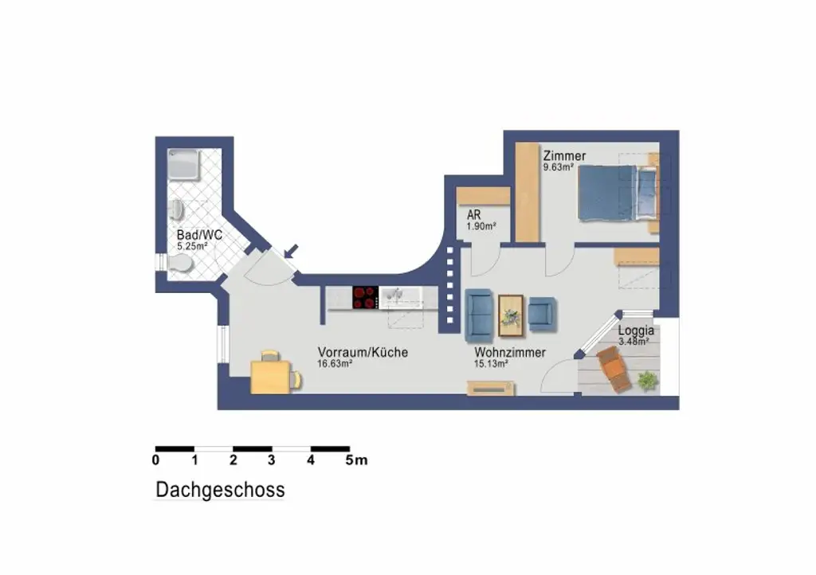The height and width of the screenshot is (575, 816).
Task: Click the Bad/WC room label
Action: click(x=199, y=235)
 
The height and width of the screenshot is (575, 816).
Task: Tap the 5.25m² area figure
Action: click(x=193, y=246)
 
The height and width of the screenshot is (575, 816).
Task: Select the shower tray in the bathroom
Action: click(x=184, y=165)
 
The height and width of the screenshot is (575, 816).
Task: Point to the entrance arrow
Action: click(x=292, y=251)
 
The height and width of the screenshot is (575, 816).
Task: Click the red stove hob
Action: click(x=365, y=298)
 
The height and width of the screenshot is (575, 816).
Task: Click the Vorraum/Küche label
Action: click(x=363, y=352)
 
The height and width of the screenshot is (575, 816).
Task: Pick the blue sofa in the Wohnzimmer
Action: click(x=479, y=315)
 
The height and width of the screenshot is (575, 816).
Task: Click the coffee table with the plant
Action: click(x=511, y=315)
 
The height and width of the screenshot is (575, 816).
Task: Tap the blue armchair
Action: click(x=542, y=315)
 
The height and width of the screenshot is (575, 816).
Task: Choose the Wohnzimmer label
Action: click(x=510, y=352)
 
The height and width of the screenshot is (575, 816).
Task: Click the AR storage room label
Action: click(x=473, y=214)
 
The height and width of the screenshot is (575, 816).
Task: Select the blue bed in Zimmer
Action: click(x=618, y=193)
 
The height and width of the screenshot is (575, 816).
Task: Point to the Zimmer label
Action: click(x=565, y=155)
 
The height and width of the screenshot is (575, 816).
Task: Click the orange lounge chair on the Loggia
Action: click(x=614, y=370)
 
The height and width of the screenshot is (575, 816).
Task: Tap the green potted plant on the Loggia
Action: click(x=648, y=381)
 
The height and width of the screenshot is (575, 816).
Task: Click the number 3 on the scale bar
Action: click(x=272, y=460)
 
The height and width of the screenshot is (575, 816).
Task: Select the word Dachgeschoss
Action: click(x=220, y=490)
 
